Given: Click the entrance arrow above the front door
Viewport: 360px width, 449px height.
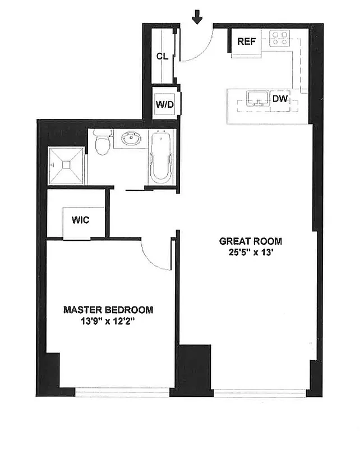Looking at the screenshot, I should [197, 17].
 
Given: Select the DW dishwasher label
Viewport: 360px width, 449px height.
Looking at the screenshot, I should [280, 99].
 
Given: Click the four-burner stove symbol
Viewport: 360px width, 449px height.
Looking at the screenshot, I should [279, 38].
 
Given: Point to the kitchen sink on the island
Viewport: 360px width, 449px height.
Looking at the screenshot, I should [257, 99].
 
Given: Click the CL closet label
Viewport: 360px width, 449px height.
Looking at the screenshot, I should [163, 56].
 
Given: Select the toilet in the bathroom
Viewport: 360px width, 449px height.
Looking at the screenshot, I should [101, 143].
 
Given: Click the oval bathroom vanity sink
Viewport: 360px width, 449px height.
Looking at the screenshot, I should [132, 139].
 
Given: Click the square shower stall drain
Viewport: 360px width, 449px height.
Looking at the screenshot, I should [66, 165].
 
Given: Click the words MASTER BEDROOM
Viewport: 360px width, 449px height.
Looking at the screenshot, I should [108, 309].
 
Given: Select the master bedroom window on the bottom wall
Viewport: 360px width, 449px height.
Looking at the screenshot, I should [122, 392].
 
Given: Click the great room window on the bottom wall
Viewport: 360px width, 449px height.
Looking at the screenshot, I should [260, 393].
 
